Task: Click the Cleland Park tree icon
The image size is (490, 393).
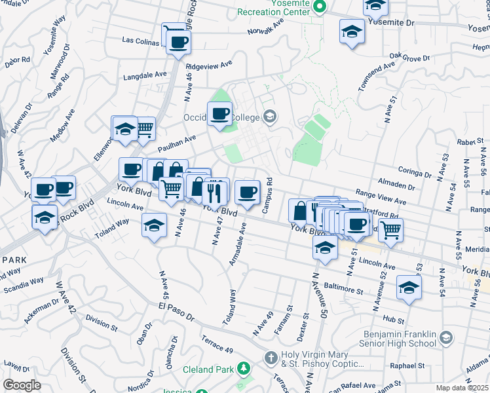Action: click(244, 369)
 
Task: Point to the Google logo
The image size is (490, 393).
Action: click(21, 385)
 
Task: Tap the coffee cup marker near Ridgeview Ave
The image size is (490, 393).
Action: click(178, 43)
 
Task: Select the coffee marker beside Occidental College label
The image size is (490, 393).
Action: click(220, 114)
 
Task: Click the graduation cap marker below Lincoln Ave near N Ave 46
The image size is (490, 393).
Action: click(154, 226)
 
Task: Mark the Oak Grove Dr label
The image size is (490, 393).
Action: click(409, 58)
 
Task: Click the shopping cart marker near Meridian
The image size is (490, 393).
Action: click(390, 230)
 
